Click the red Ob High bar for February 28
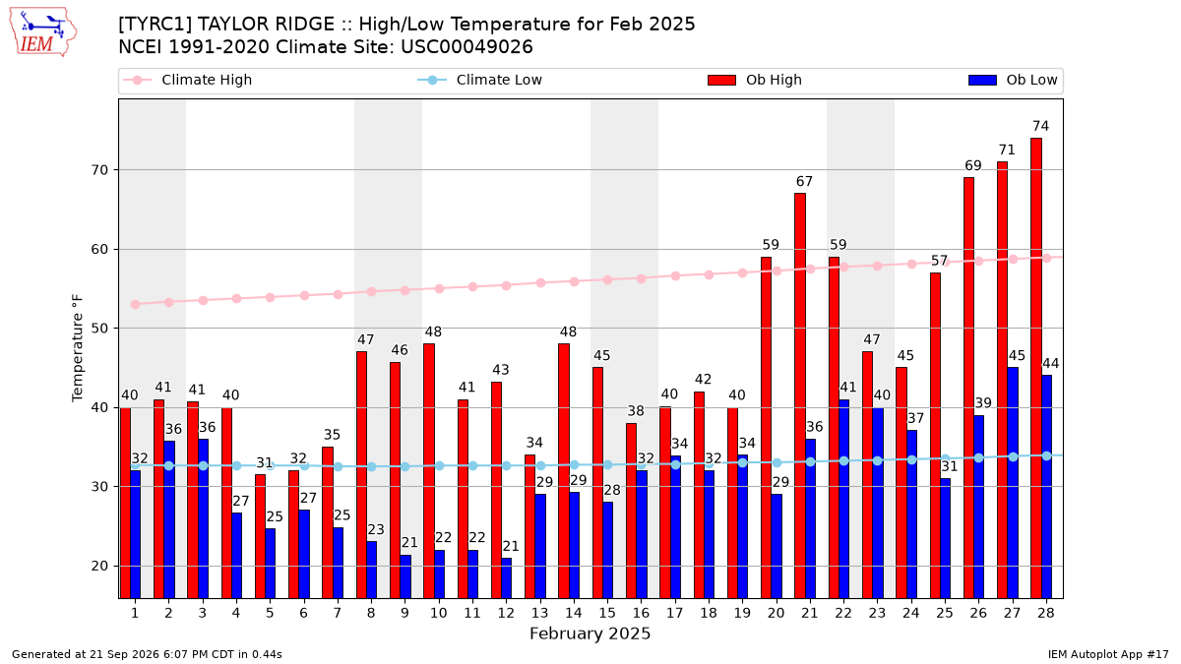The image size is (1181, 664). coord(1036,368)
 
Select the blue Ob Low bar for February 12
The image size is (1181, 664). coord(506,578)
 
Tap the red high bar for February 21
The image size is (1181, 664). coord(800,395)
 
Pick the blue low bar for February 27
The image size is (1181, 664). coord(1013,483)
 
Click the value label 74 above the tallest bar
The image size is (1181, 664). coord(1041,127)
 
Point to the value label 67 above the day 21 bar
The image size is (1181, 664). coord(804,182)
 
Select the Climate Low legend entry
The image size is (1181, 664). coord(480,80)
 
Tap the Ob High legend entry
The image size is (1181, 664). coord(755,80)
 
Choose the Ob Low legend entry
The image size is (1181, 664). coord(1013,80)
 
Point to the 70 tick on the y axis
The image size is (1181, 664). coord(99,170)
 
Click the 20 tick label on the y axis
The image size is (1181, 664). coord(99,566)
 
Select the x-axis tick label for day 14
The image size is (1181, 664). coord(573,613)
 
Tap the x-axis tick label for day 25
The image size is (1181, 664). coord(944,613)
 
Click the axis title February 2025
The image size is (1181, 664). coord(590,634)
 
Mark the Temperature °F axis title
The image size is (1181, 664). coord(78,348)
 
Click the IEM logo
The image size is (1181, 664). coord(42,32)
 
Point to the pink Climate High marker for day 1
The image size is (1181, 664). coord(135,305)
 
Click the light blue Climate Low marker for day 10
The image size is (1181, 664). coord(439,466)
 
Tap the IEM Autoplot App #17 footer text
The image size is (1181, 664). coord(1108,654)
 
